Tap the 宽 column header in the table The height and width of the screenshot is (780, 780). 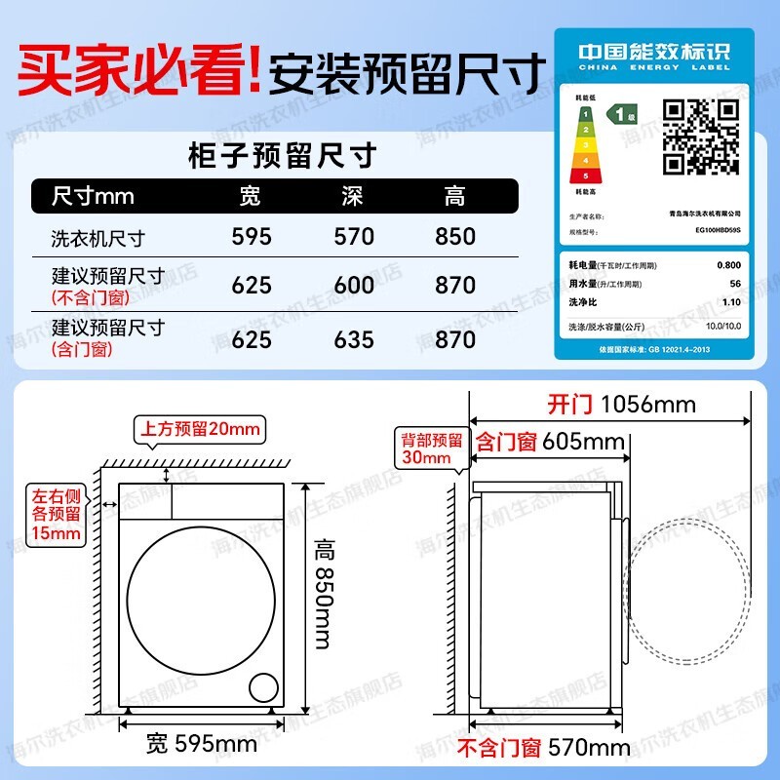click(x=251, y=196)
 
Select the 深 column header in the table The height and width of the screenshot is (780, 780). click(x=353, y=196)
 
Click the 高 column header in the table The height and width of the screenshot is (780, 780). click(x=455, y=196)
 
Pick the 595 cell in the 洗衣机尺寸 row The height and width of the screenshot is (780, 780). click(x=252, y=237)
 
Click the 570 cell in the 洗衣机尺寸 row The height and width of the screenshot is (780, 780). click(x=354, y=237)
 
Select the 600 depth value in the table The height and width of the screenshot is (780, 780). click(x=354, y=285)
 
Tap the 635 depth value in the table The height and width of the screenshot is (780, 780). click(x=354, y=338)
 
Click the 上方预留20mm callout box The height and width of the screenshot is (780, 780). click(x=201, y=429)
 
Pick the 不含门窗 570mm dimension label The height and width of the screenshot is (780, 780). click(x=544, y=748)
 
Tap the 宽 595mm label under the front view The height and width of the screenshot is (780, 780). click(x=202, y=745)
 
